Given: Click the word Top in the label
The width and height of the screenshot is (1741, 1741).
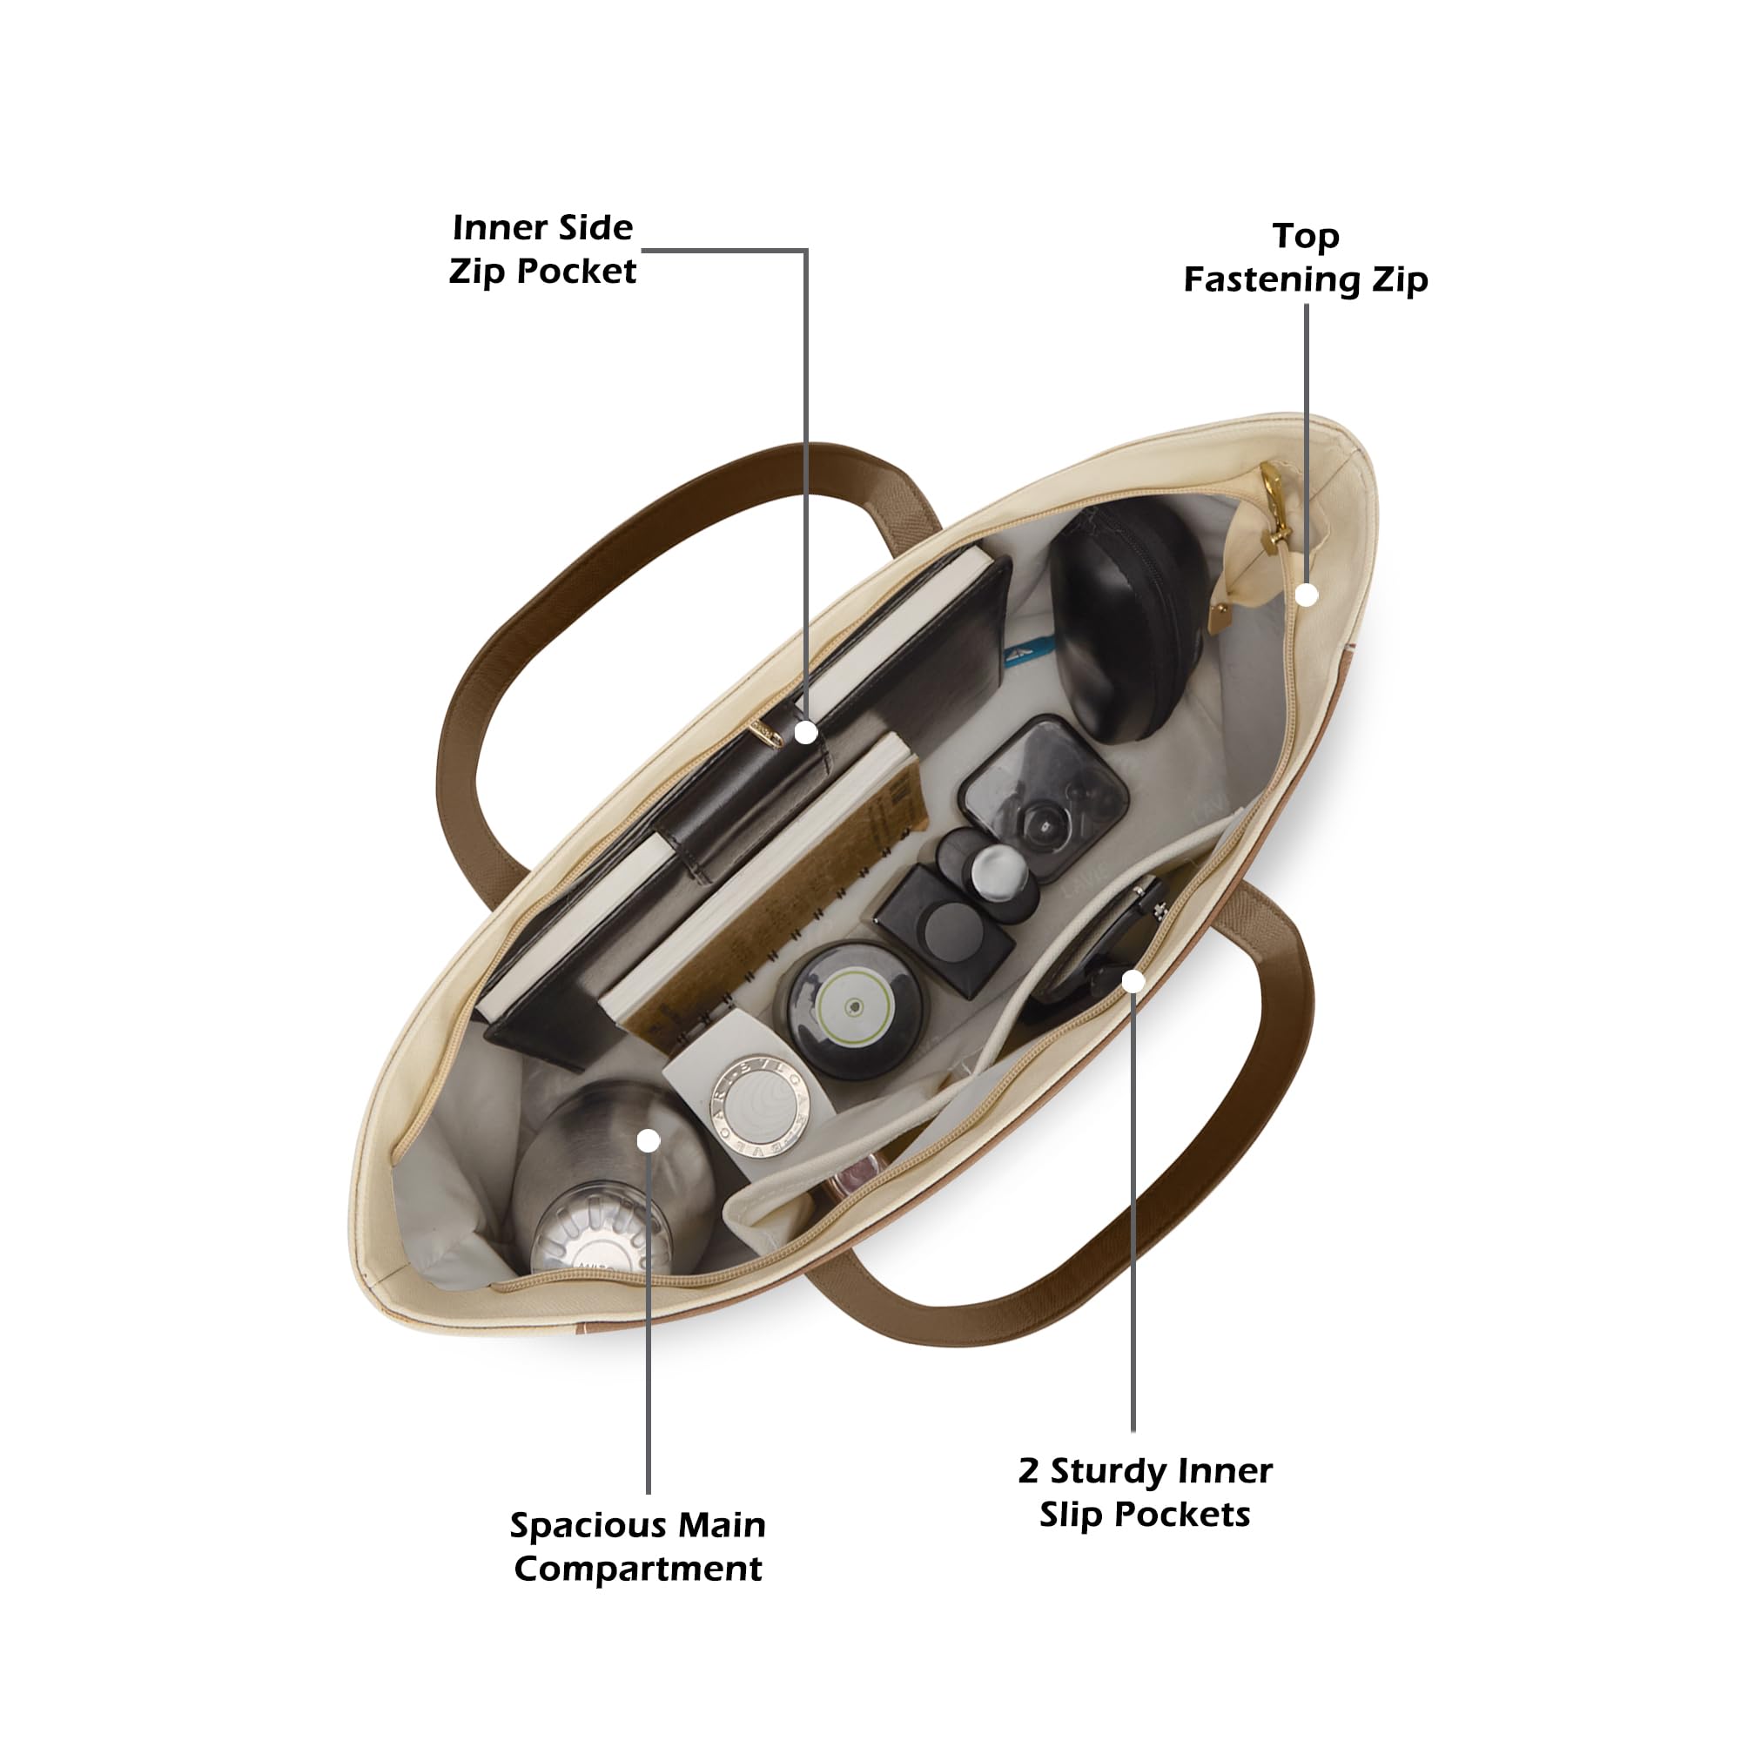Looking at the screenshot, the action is (x=1306, y=237).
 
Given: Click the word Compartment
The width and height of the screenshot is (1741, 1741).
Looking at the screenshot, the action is (x=638, y=1570).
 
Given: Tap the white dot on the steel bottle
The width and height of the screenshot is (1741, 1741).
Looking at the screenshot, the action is (x=649, y=1141).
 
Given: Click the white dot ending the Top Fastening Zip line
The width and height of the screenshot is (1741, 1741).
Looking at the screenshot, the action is (x=1307, y=595).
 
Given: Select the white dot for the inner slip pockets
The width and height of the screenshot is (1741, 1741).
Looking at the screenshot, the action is (x=1133, y=981).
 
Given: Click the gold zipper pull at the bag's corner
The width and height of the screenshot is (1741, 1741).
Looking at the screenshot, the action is (x=1274, y=509).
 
